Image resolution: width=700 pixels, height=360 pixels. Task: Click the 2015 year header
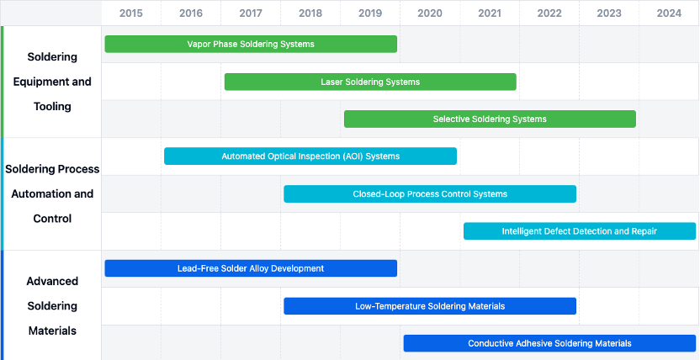click(x=131, y=13)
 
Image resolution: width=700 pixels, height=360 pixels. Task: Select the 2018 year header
click(x=310, y=13)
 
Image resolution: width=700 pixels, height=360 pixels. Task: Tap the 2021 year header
click(x=490, y=13)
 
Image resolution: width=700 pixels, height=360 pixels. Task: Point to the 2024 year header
click(x=669, y=13)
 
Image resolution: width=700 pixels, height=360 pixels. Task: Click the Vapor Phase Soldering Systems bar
click(x=251, y=45)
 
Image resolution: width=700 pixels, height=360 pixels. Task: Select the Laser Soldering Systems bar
click(x=370, y=82)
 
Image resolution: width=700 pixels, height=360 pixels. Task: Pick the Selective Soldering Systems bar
click(x=490, y=119)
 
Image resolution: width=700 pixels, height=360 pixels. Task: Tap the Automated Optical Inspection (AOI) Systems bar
click(x=310, y=156)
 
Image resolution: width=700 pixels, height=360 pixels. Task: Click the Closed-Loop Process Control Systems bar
click(x=430, y=194)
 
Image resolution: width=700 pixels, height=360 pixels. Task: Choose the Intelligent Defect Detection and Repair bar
click(x=580, y=231)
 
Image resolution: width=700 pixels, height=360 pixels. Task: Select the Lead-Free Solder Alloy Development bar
click(x=251, y=268)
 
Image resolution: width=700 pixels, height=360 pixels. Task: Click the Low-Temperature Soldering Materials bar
click(x=430, y=306)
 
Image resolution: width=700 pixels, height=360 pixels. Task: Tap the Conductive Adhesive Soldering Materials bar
click(x=549, y=343)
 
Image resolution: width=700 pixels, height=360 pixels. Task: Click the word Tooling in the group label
click(x=52, y=107)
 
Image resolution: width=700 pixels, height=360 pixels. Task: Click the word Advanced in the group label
click(x=52, y=281)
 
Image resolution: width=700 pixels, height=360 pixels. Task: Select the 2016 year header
click(x=191, y=13)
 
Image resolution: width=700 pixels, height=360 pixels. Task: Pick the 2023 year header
click(x=609, y=13)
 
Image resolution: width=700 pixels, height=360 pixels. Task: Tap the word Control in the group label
click(x=52, y=219)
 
